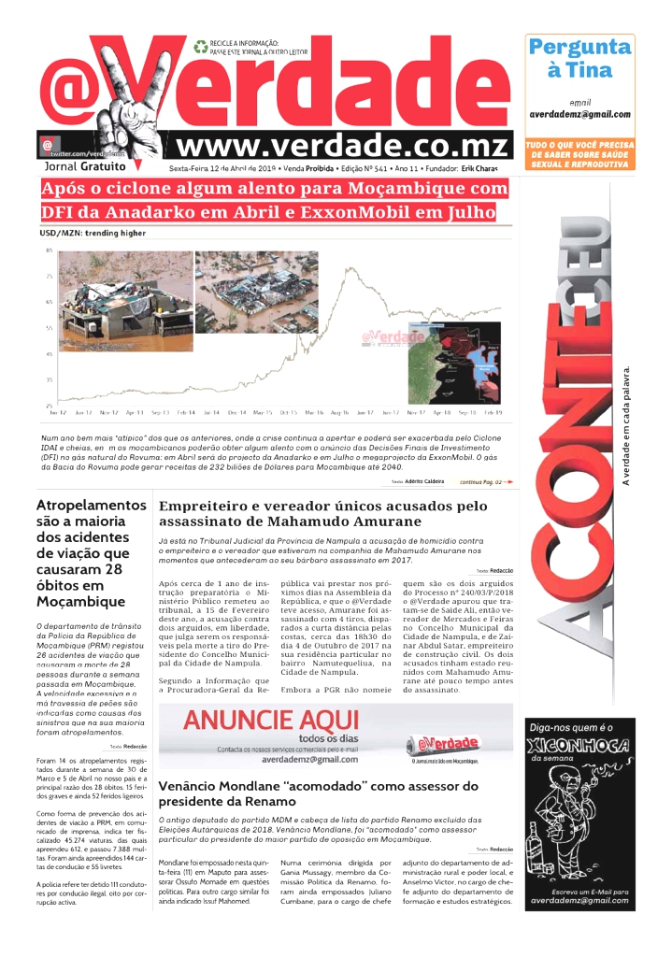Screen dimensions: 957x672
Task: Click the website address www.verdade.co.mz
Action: coord(342,147)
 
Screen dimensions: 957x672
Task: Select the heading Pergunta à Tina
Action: coord(579,58)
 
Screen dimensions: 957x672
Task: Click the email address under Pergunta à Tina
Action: coord(579,115)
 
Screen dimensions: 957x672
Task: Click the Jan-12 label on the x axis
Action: coord(58,411)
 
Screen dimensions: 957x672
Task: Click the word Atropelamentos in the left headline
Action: coord(91,506)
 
